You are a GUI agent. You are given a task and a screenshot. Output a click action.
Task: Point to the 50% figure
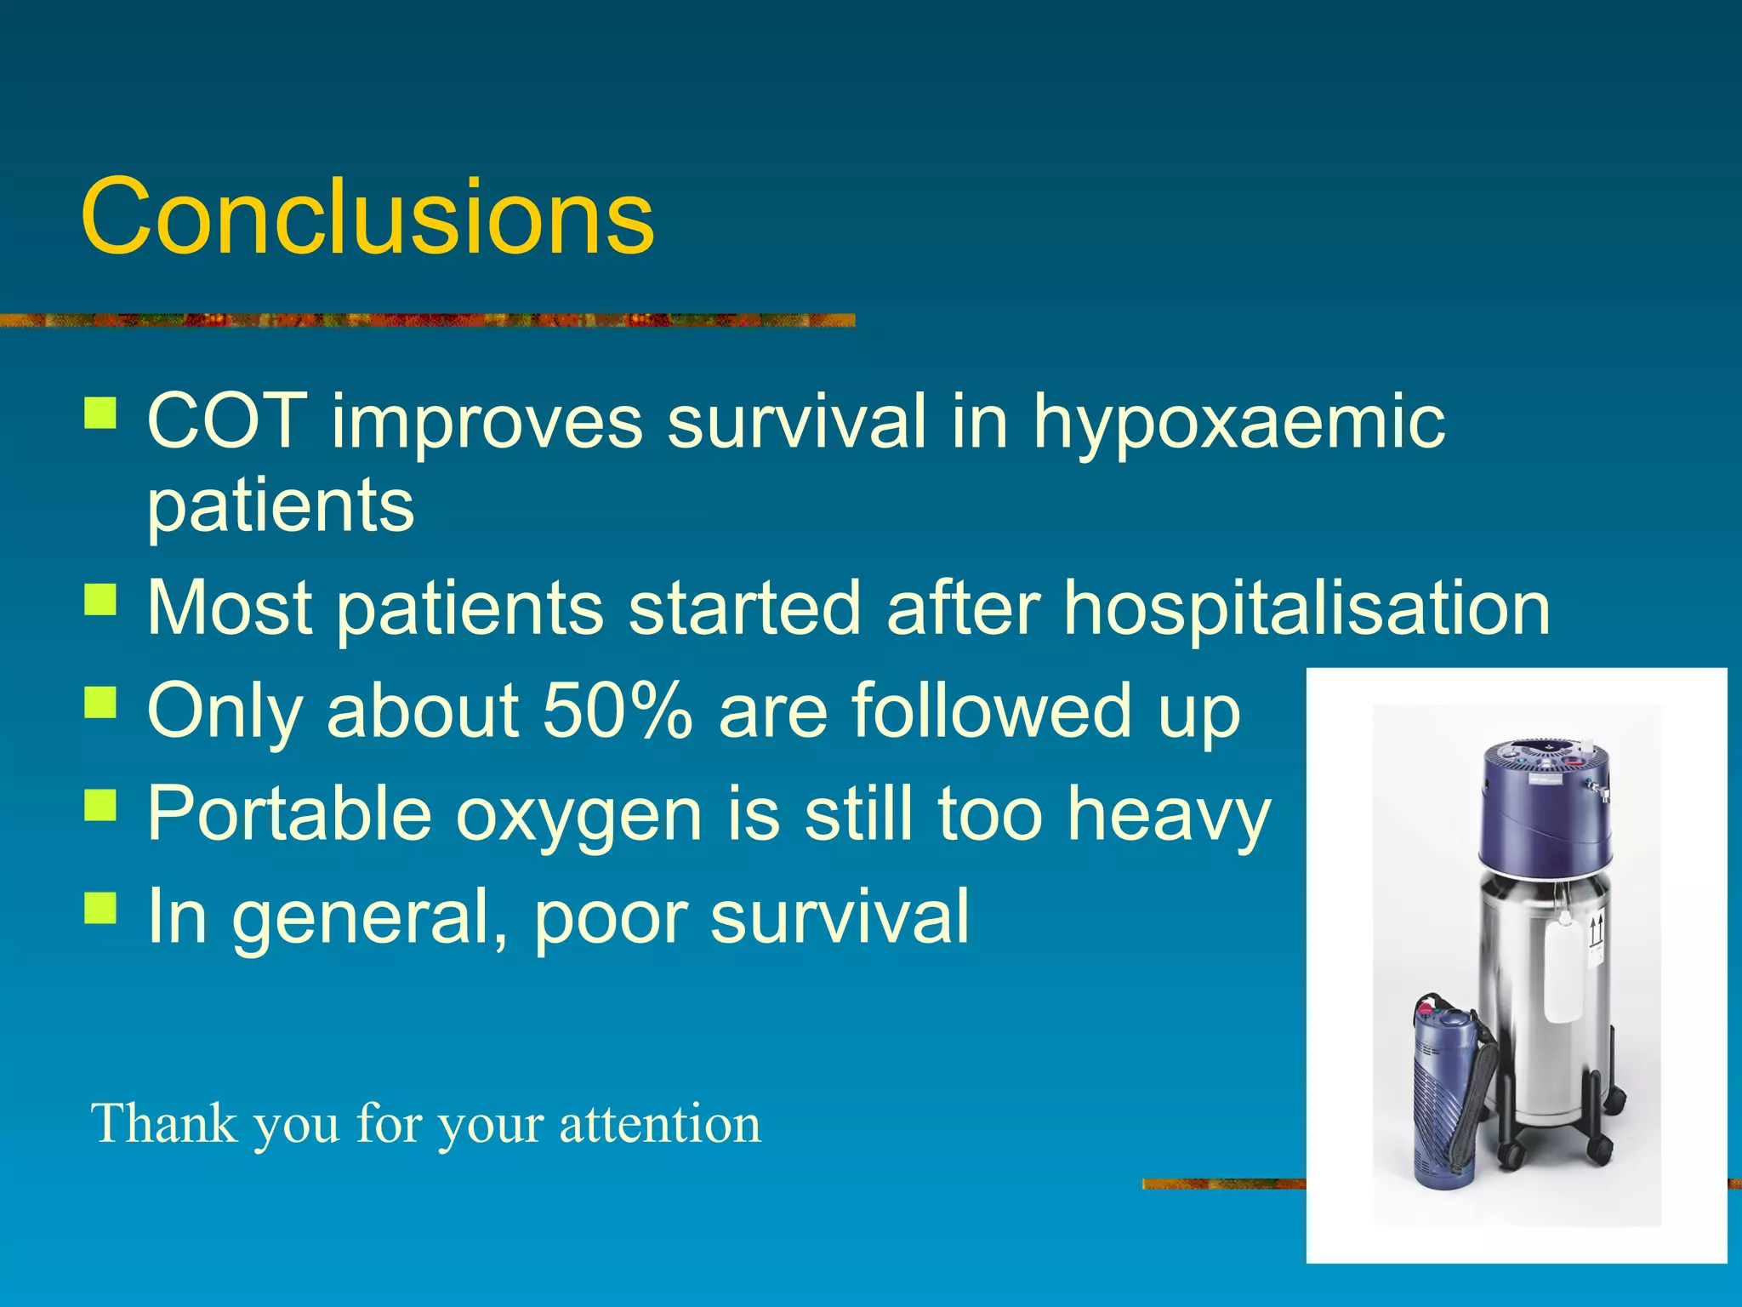[618, 711]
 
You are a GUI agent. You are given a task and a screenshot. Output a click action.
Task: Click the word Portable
[289, 813]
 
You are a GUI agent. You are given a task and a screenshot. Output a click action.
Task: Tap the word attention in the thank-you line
[659, 1123]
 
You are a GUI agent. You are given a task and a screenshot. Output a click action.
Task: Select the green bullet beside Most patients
[100, 598]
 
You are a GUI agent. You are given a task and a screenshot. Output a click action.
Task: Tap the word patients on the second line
[281, 507]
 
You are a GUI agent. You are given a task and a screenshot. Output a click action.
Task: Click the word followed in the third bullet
[991, 711]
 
